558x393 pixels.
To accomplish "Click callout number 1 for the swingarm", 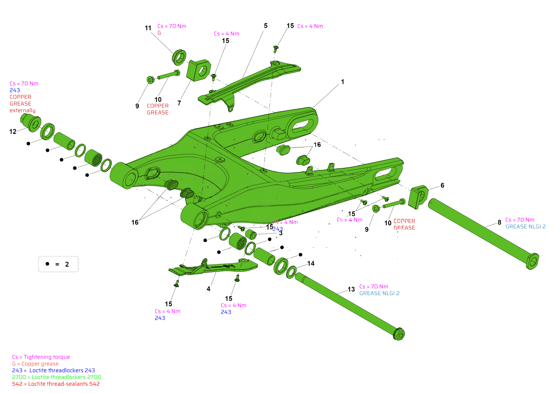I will (343, 82).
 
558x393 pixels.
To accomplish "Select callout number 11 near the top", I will (148, 28).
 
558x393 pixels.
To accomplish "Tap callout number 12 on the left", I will (13, 132).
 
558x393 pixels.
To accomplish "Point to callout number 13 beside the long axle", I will (351, 290).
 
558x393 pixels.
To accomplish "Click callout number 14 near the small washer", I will (311, 264).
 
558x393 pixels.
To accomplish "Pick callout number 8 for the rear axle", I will (499, 222).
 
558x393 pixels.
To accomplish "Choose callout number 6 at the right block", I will (442, 186).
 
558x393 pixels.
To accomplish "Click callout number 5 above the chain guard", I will (266, 26).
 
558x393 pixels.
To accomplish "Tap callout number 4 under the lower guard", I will (208, 289).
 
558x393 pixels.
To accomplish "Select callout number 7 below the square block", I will (179, 103).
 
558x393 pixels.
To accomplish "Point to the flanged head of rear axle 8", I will (533, 261).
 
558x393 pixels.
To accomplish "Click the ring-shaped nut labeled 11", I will (179, 57).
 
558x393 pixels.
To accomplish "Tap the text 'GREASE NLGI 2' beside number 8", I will (525, 227).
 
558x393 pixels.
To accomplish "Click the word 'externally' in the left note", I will (23, 111).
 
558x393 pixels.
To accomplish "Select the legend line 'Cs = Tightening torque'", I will (41, 357).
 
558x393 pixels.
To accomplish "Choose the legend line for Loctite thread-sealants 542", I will (56, 384).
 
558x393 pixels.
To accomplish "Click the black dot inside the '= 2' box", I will (47, 264).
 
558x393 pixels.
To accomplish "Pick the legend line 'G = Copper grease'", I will (35, 364).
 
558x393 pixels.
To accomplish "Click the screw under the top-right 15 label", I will (276, 49).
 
